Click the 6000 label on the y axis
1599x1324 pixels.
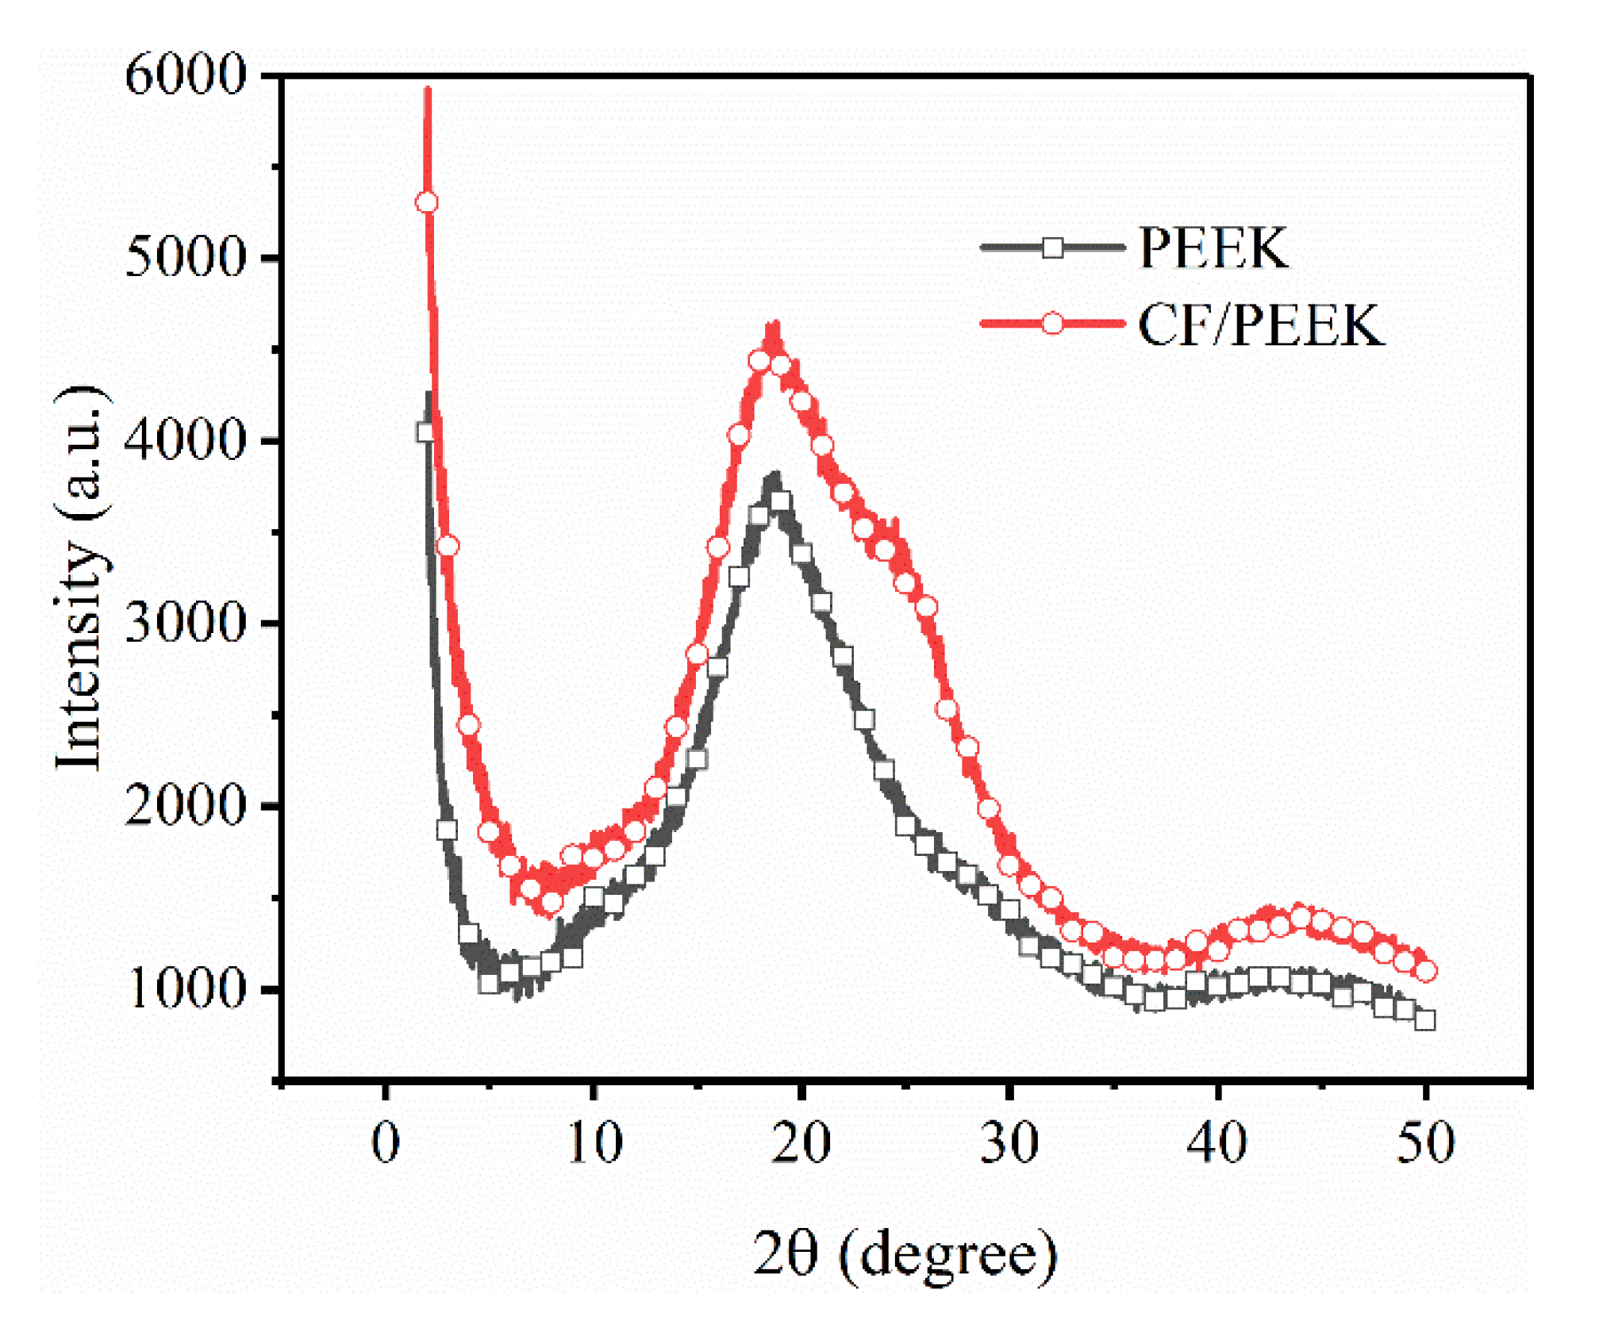[x=186, y=77]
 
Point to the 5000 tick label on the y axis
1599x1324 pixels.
[x=186, y=259]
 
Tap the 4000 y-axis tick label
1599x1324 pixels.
[x=186, y=440]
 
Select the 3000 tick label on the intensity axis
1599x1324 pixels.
[x=186, y=623]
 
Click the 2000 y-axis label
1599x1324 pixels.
[x=186, y=806]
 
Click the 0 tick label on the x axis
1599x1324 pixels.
[x=386, y=1143]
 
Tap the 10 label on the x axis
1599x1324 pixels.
[x=594, y=1143]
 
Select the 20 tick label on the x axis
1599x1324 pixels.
[x=801, y=1143]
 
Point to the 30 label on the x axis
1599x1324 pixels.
[x=1009, y=1143]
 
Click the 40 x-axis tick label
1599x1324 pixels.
[x=1217, y=1143]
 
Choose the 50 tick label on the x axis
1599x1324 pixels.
[x=1425, y=1143]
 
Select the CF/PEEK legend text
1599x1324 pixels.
[x=1262, y=324]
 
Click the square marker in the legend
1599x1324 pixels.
[x=1052, y=248]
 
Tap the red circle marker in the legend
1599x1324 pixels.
[x=1052, y=324]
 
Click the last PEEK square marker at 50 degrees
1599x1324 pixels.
[x=1425, y=1020]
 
